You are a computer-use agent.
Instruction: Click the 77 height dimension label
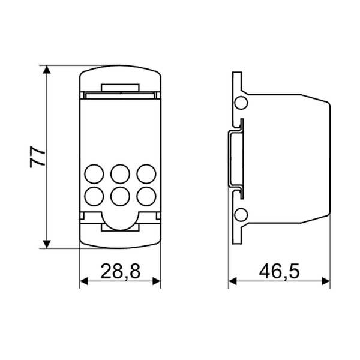click(x=37, y=157)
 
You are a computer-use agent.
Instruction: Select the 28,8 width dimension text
click(x=121, y=271)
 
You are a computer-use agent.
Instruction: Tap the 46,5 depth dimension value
click(x=280, y=271)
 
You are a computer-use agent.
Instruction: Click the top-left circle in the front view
click(x=94, y=174)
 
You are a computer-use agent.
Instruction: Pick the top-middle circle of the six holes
click(x=120, y=174)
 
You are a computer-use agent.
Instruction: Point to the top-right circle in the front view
click(x=146, y=174)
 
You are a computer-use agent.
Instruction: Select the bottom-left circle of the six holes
click(x=94, y=196)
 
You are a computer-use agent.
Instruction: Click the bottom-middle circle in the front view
click(x=120, y=196)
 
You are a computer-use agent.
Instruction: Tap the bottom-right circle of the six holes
click(x=146, y=196)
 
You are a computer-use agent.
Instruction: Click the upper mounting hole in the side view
click(x=241, y=103)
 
